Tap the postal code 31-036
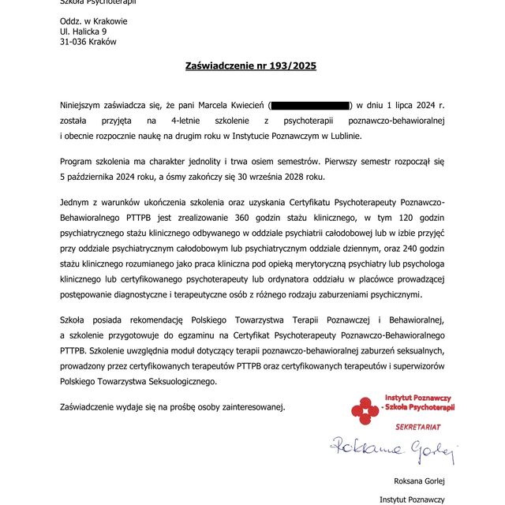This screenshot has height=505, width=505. click(x=74, y=42)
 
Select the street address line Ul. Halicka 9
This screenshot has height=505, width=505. click(x=84, y=32)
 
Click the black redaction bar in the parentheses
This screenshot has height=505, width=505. click(x=310, y=105)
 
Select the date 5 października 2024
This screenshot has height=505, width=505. click(x=116, y=178)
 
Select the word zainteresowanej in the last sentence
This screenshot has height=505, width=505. click(x=247, y=407)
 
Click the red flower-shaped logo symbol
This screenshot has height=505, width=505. click(x=365, y=411)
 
